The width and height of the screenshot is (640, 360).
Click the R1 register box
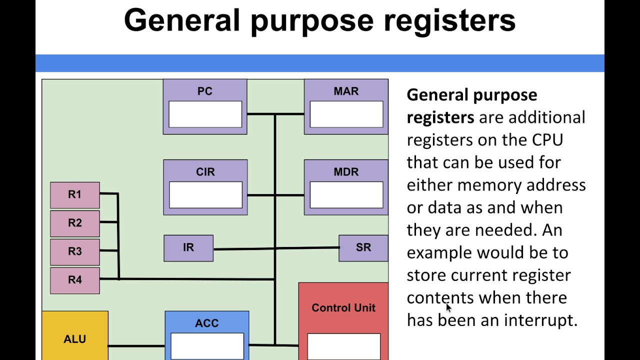[75, 195]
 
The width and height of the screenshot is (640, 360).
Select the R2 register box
[75, 223]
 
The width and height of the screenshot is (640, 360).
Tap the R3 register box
[75, 251]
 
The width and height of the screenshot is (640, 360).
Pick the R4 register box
[75, 280]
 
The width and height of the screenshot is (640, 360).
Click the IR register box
[188, 248]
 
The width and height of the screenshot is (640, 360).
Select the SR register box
[363, 248]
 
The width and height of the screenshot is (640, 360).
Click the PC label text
[205, 91]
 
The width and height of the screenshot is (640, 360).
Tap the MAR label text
[346, 91]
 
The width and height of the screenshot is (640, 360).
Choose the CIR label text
[205, 172]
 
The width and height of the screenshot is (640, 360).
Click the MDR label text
[346, 172]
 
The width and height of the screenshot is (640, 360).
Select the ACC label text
[207, 323]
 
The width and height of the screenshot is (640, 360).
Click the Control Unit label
[343, 308]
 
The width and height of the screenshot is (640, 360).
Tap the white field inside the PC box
[205, 114]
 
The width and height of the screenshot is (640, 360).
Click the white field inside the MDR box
[346, 195]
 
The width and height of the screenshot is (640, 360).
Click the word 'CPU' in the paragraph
[547, 140]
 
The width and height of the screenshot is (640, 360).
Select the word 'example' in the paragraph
[439, 253]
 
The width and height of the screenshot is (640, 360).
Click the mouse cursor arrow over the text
[448, 308]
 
